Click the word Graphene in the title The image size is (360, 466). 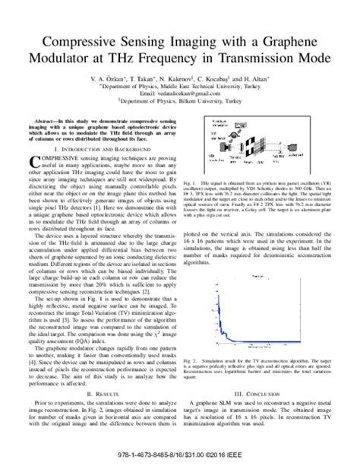(x=300, y=41)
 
